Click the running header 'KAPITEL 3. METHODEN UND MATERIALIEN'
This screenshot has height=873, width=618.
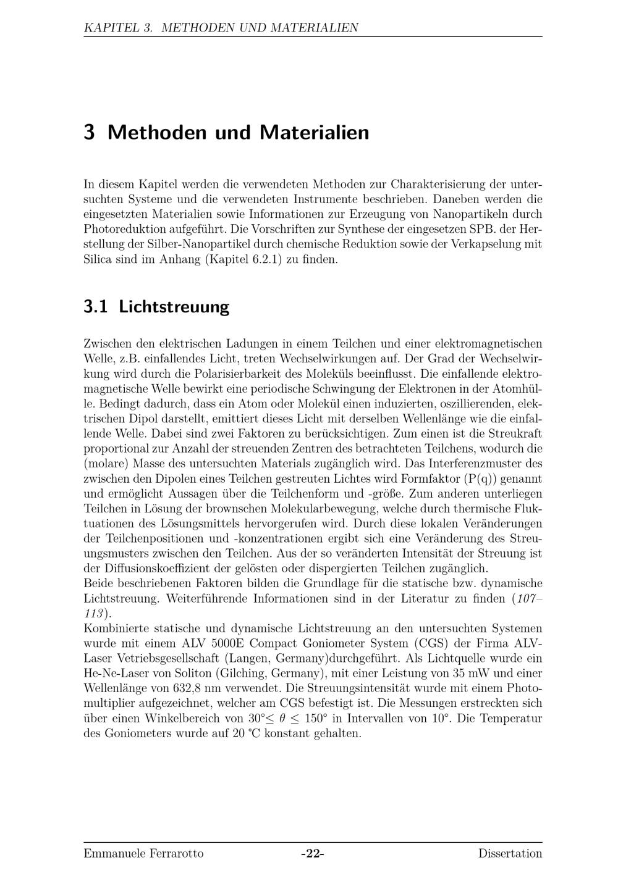(221, 28)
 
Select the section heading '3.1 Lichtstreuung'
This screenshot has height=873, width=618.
(156, 307)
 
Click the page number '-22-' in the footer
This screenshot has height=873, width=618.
(313, 854)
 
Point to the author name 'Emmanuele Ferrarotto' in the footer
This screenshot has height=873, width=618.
(143, 854)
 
